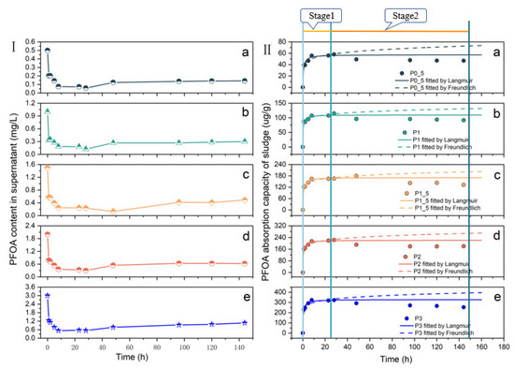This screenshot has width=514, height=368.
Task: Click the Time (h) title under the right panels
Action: point(390,359)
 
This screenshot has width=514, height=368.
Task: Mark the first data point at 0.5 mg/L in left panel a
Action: point(47,51)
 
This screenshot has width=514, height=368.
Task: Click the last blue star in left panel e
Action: point(245,323)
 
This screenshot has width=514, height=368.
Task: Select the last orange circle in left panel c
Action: point(245,199)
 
